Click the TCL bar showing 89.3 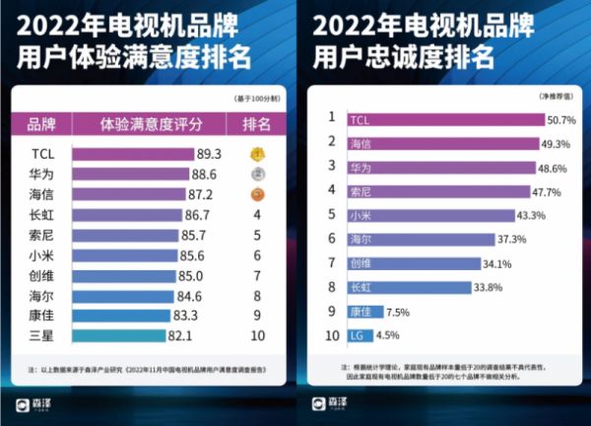tap(132, 154)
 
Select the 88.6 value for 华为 tap(204, 174)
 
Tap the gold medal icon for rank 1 tap(256, 154)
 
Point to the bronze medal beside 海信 tap(256, 194)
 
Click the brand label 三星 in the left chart tap(42, 335)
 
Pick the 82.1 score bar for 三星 tap(124, 335)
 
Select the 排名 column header tap(256, 124)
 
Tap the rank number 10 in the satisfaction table tap(256, 335)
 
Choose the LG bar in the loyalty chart tap(361, 335)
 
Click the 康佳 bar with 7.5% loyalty tap(368, 311)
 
